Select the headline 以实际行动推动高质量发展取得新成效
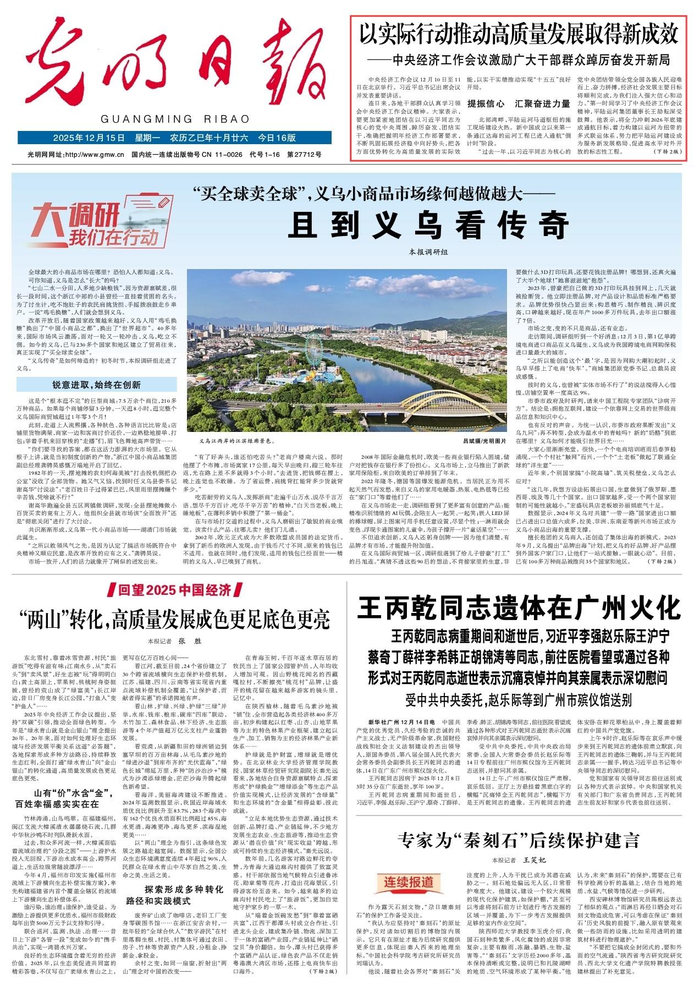tap(518, 35)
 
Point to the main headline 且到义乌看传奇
tap(428, 224)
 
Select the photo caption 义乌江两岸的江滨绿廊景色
tap(236, 441)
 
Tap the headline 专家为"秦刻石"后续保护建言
tap(520, 841)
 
